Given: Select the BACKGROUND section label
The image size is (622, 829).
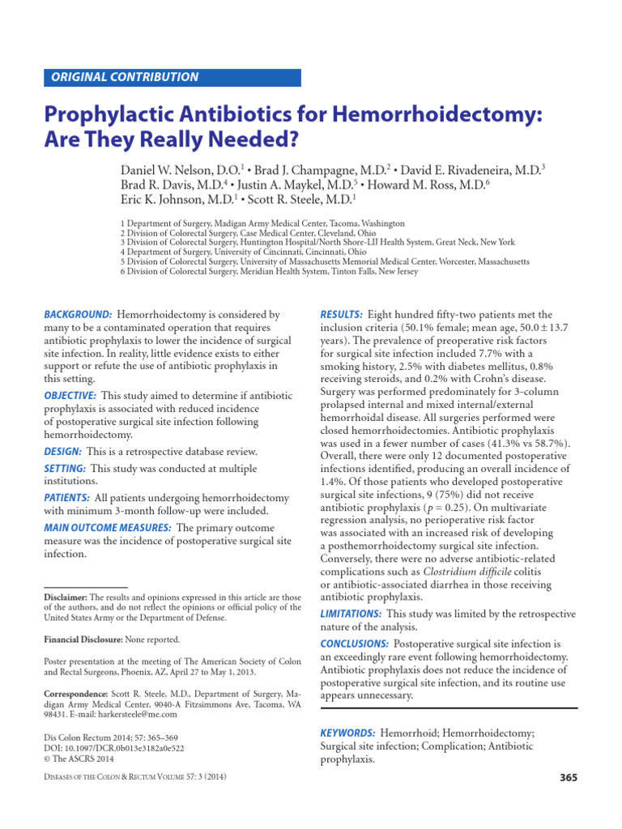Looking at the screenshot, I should (x=77, y=314).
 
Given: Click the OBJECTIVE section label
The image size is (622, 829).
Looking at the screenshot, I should (x=70, y=394).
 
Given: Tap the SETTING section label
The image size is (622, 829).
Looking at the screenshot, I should (x=64, y=469).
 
